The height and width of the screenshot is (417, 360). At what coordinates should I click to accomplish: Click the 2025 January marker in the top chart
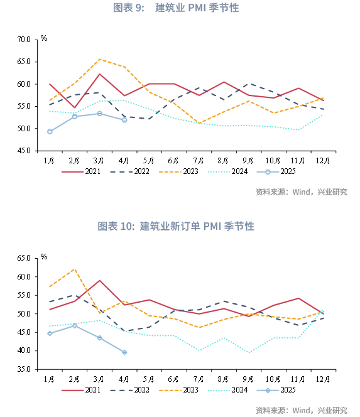click(x=50, y=132)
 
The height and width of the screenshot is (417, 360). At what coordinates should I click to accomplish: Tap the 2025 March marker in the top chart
click(x=99, y=114)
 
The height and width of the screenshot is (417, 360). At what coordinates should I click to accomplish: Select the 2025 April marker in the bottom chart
click(x=124, y=352)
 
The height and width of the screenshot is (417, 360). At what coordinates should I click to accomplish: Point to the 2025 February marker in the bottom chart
click(x=75, y=325)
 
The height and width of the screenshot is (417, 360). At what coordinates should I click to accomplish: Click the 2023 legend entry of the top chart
click(x=178, y=171)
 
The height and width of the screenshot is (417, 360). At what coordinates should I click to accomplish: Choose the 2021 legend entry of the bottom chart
click(x=81, y=390)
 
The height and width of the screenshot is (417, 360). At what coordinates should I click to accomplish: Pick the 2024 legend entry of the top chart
click(x=227, y=171)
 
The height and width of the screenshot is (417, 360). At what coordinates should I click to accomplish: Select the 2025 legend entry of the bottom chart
click(x=276, y=390)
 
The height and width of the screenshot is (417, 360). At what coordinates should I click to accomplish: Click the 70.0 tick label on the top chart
click(x=24, y=40)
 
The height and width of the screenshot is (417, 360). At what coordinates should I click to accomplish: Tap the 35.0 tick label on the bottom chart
click(x=24, y=369)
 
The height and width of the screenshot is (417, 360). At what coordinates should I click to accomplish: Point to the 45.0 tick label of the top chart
click(x=24, y=151)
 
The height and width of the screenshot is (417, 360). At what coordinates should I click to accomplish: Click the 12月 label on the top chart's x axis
click(x=323, y=161)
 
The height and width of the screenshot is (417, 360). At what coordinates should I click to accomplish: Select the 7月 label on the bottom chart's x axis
click(x=199, y=379)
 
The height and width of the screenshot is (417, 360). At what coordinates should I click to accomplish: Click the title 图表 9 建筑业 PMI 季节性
click(x=176, y=8)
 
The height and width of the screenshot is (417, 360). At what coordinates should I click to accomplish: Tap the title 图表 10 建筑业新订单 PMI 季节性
click(x=176, y=226)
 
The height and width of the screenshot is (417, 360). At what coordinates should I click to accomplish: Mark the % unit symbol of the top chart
click(x=44, y=38)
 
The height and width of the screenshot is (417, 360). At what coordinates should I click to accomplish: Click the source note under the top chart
click(x=301, y=192)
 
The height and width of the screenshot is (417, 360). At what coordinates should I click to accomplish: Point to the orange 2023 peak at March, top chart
click(x=99, y=59)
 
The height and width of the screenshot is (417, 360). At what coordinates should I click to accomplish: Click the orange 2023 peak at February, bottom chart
click(x=75, y=269)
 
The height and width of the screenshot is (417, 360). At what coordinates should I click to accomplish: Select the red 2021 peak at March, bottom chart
click(x=99, y=280)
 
